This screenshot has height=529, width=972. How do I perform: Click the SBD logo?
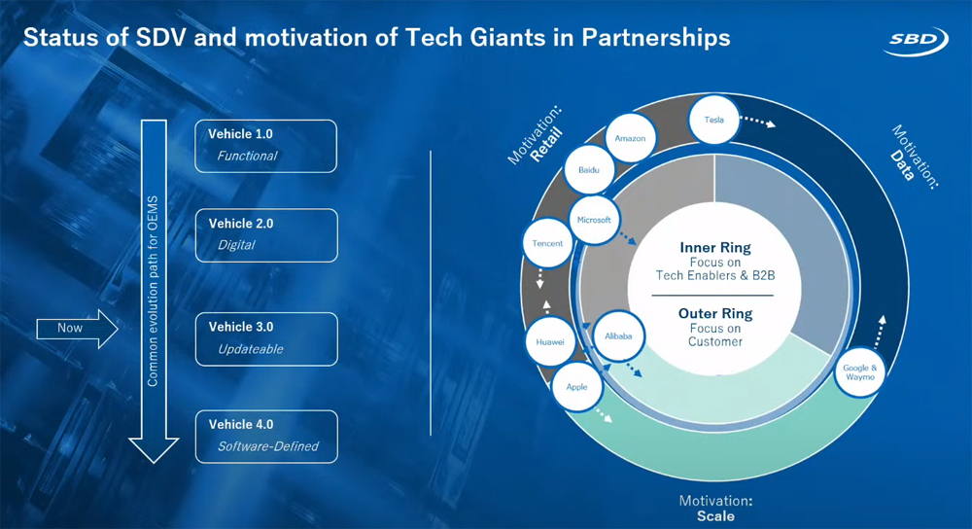(917, 40)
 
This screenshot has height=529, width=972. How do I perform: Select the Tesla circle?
(714, 120)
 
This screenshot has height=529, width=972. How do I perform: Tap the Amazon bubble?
(630, 138)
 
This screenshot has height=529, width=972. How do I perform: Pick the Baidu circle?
(589, 170)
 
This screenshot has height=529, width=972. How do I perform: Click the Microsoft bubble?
(594, 220)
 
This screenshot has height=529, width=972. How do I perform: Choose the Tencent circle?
(547, 243)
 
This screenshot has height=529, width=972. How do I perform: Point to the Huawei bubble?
(550, 341)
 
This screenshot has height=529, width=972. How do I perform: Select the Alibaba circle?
(618, 336)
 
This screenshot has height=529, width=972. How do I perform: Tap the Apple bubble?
(576, 387)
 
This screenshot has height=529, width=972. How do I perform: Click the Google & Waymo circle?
(860, 372)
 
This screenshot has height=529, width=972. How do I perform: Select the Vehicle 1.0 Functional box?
(266, 146)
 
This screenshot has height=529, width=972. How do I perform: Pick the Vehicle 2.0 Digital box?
(266, 235)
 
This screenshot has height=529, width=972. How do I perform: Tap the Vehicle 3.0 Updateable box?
(266, 338)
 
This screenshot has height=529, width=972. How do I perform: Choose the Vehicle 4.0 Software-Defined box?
(266, 437)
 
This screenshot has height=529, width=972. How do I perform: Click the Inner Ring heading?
(714, 247)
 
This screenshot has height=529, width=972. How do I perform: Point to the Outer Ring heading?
(715, 314)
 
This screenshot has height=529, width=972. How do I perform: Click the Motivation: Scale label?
(715, 508)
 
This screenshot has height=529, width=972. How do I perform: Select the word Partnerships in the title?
(656, 38)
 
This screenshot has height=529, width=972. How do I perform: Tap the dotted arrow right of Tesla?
(758, 122)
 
